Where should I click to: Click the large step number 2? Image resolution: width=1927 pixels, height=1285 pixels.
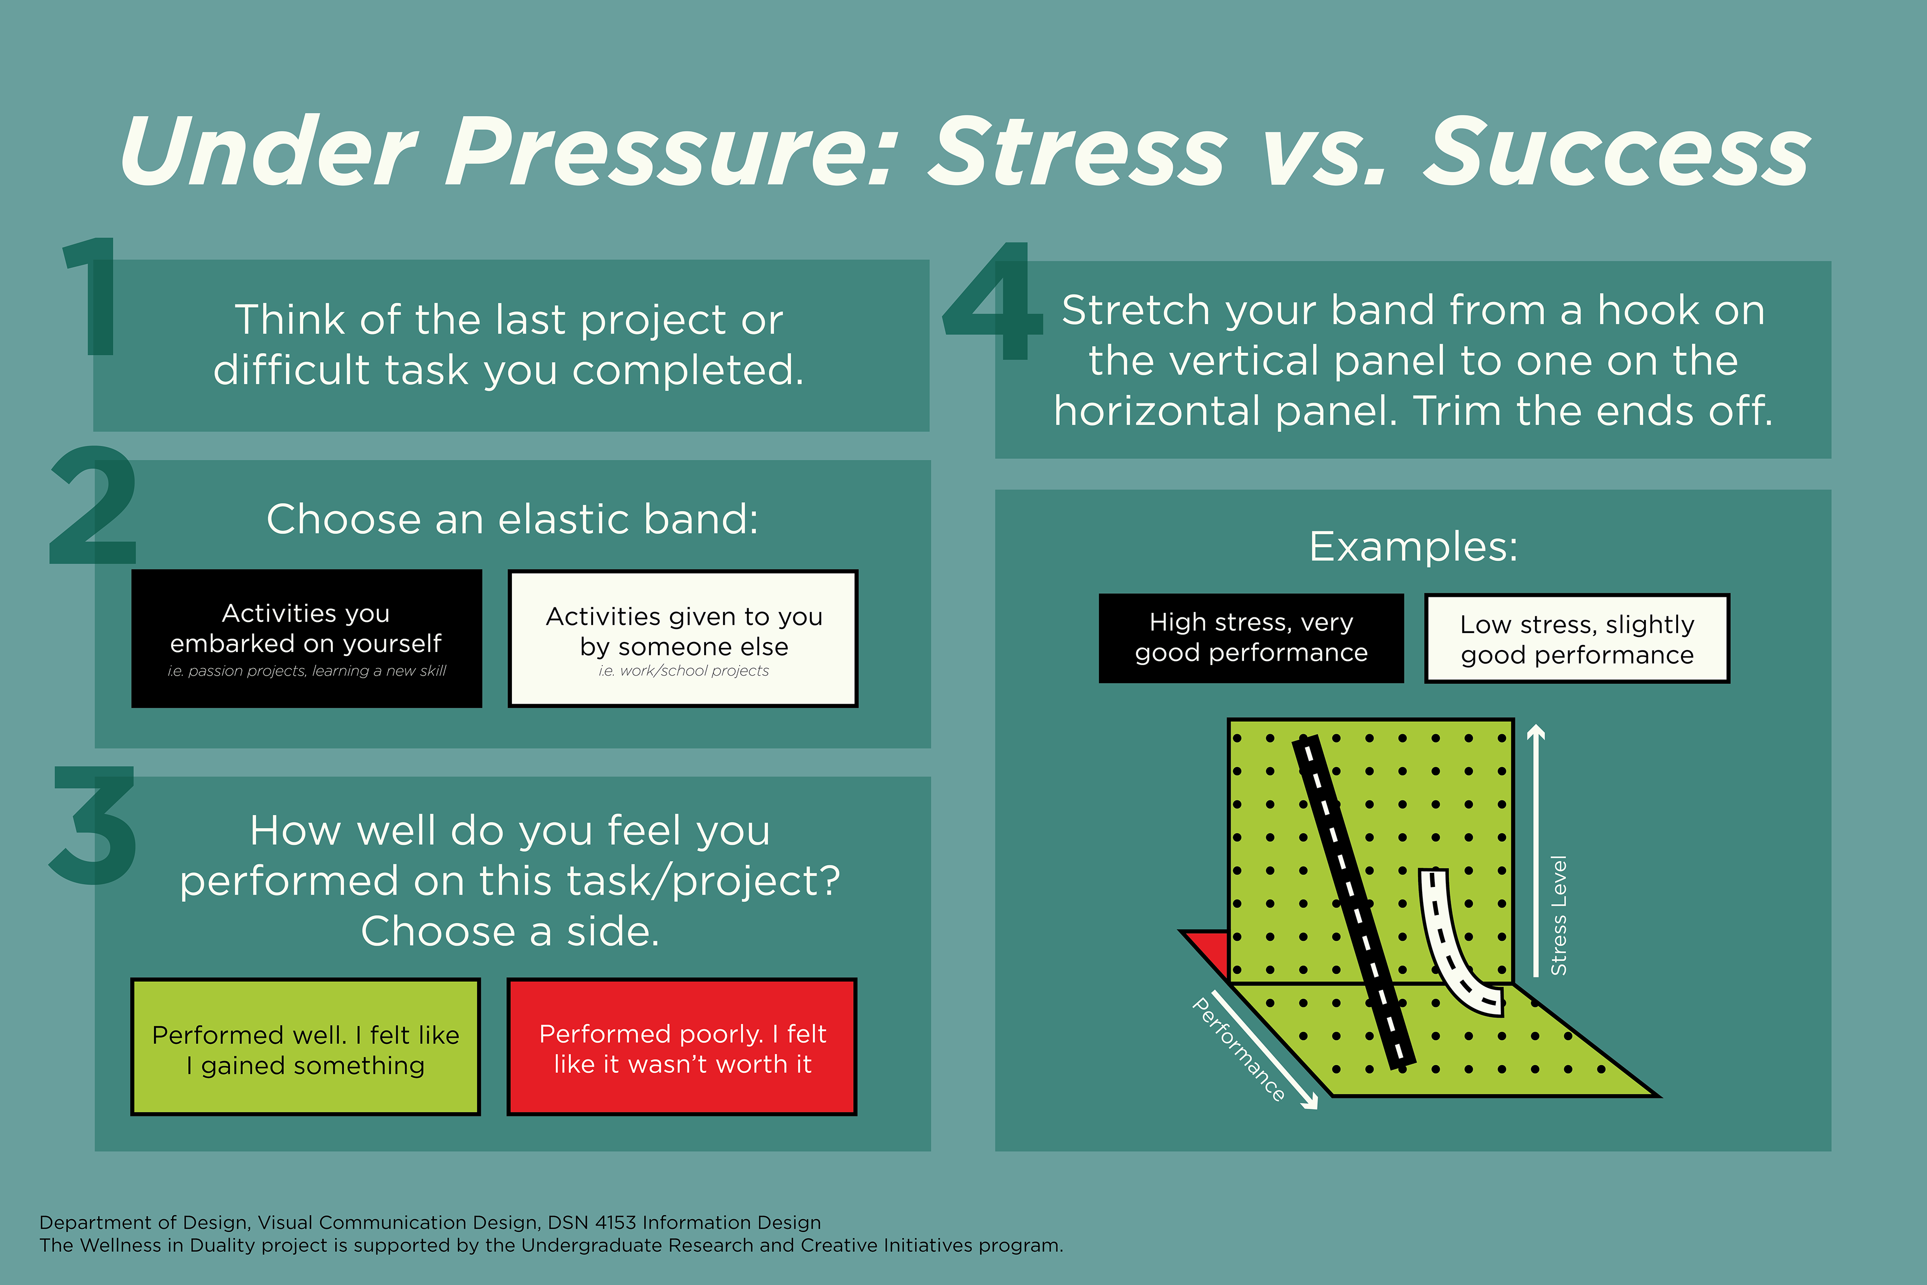[92, 505]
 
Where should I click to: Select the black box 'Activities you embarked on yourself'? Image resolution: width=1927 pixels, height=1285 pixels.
[307, 638]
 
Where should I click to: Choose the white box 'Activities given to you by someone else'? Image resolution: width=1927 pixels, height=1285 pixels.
[683, 638]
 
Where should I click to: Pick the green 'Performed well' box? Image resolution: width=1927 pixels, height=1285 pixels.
[306, 1047]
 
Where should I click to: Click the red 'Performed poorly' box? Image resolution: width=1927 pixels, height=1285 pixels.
[682, 1047]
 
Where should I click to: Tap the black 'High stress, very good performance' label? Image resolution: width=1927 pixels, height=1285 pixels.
[1251, 637]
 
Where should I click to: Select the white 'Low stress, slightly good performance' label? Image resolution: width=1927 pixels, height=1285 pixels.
[1577, 637]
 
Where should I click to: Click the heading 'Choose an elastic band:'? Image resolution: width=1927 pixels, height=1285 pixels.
[513, 520]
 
